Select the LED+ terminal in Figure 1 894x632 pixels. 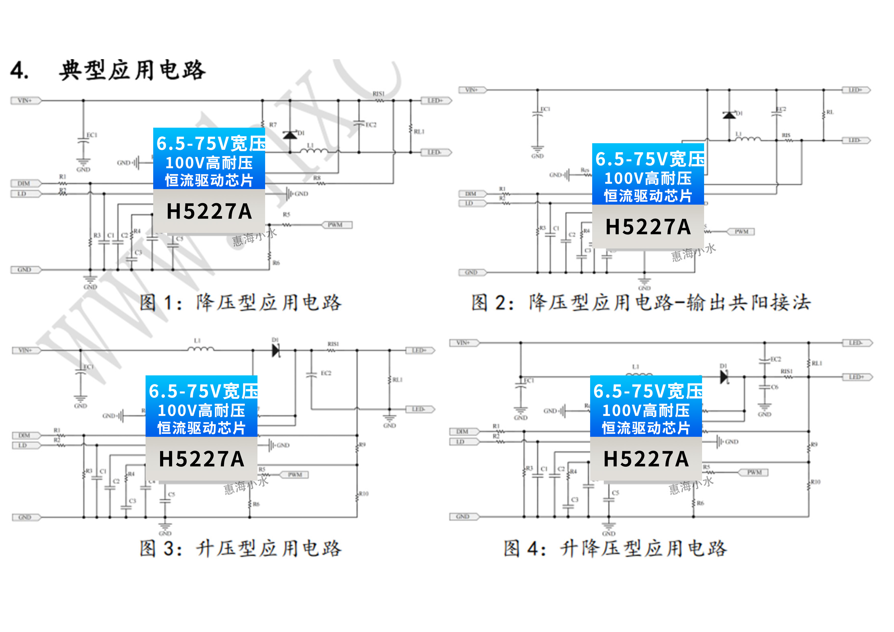(x=436, y=101)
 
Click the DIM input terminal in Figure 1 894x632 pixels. (x=24, y=183)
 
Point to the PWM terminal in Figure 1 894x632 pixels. (x=336, y=225)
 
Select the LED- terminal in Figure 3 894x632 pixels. (x=419, y=410)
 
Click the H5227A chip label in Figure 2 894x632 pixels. (x=648, y=227)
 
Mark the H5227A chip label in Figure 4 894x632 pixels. (x=646, y=459)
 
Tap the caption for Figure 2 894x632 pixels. (x=641, y=303)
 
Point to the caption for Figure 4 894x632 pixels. (x=615, y=548)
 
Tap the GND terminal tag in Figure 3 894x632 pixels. (x=25, y=517)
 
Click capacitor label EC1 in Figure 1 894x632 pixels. (x=92, y=135)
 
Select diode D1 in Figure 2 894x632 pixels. (x=729, y=115)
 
